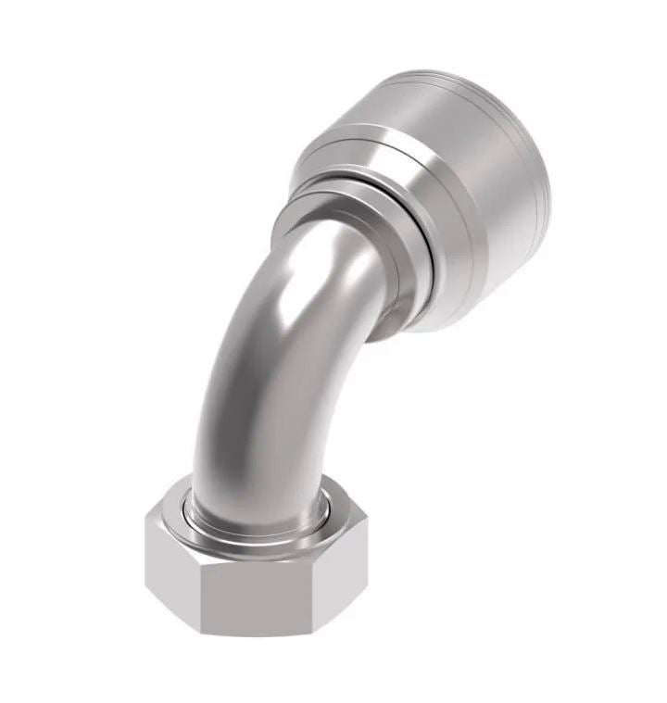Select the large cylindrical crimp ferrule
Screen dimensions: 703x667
click(x=435, y=185)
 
